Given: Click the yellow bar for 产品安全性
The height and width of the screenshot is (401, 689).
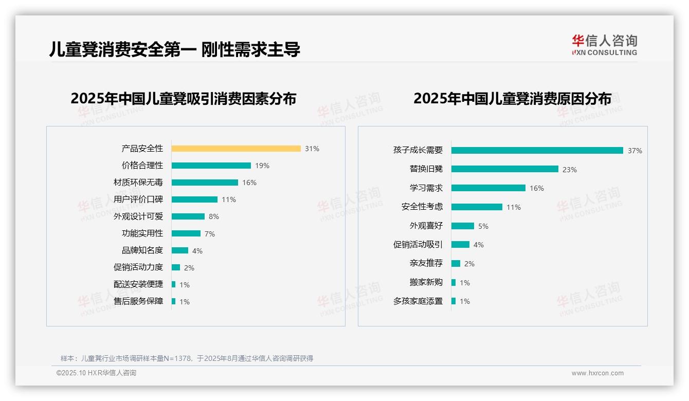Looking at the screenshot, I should coord(236,149).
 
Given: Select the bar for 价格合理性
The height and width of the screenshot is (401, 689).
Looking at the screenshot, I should coord(211,166).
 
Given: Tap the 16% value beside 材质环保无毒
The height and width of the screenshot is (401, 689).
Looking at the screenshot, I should coord(249,183).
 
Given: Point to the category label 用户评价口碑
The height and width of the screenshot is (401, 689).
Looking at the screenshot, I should coord(138,199).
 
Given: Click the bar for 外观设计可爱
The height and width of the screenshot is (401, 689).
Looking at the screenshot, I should coord(188,216).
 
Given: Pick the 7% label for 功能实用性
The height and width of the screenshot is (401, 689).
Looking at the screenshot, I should coord(210,234).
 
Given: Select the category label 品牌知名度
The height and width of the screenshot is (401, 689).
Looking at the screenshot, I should coord(142,250).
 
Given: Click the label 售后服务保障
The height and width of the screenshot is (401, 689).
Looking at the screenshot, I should coord(138,301).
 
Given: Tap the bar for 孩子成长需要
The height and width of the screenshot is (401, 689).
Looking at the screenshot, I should coord(537,150).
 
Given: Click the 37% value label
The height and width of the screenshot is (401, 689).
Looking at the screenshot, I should coord(634,151).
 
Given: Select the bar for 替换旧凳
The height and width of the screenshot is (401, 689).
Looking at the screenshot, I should coord(505,169).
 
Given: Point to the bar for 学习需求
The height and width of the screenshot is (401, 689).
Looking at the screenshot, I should coord(488,188).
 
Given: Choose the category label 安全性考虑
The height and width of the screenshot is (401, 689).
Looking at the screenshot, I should coord(422,207).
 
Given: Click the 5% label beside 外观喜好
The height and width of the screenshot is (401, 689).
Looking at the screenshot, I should coord(483,226).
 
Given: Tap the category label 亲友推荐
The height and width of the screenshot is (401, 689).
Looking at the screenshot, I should coord(426,263).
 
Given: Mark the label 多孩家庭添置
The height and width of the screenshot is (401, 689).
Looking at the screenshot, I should coord(418,301).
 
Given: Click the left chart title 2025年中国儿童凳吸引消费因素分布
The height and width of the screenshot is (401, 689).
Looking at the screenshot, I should coord(184,99).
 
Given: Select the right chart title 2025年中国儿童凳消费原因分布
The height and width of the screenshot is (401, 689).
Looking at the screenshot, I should coord(512,99).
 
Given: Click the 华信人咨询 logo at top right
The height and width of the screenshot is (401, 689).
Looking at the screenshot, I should coord(605,45).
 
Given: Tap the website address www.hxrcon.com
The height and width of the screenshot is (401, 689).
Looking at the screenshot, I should coord(597,373).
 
